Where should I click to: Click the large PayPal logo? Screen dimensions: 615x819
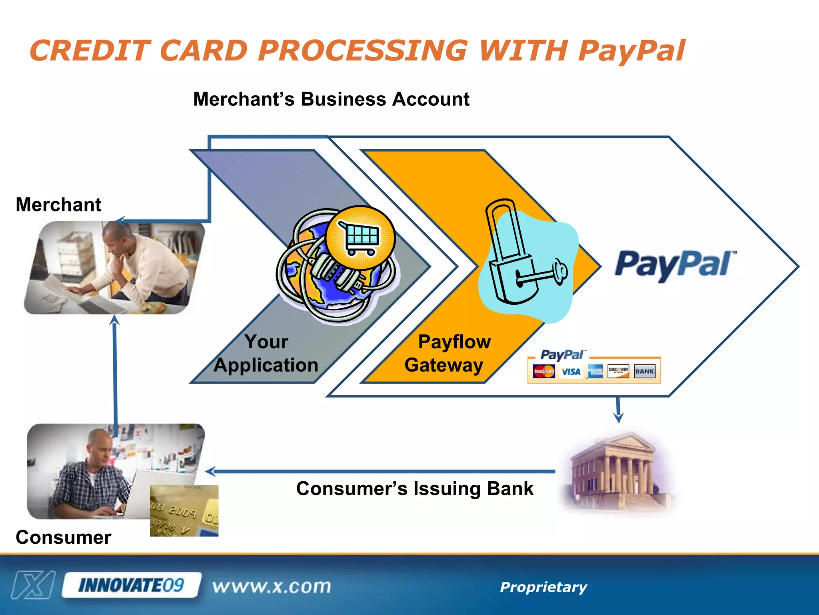675,265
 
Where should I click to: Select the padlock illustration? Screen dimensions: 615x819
516,256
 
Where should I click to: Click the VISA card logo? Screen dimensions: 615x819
571,372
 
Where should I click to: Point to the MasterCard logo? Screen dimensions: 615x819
544,372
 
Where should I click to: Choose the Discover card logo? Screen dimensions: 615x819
618,371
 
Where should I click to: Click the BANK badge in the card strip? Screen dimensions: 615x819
644,371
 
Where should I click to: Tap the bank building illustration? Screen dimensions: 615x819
618,472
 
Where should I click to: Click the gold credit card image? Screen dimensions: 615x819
184,510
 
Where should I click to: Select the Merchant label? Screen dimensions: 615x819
58,205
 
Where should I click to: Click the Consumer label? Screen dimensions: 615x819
63,537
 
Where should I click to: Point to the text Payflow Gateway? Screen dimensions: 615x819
448,353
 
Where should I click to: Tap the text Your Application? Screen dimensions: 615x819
266,353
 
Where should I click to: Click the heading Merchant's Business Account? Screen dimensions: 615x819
331,99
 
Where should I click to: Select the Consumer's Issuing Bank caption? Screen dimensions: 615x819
415,488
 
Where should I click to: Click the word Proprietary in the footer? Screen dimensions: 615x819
543,587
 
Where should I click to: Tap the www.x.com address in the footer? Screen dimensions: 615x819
272,587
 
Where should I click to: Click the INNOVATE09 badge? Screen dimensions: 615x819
131,585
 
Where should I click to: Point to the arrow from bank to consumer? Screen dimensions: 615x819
380,472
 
